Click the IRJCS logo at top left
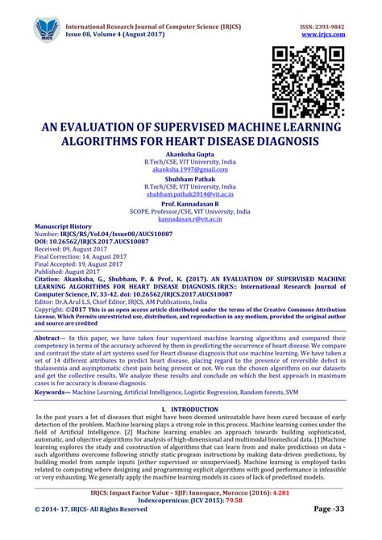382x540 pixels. (x=49, y=30)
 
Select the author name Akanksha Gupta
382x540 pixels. (x=191, y=154)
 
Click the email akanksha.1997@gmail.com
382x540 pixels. (x=191, y=170)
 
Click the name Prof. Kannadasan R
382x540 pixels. (x=191, y=204)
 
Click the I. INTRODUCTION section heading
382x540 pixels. (x=191, y=409)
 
